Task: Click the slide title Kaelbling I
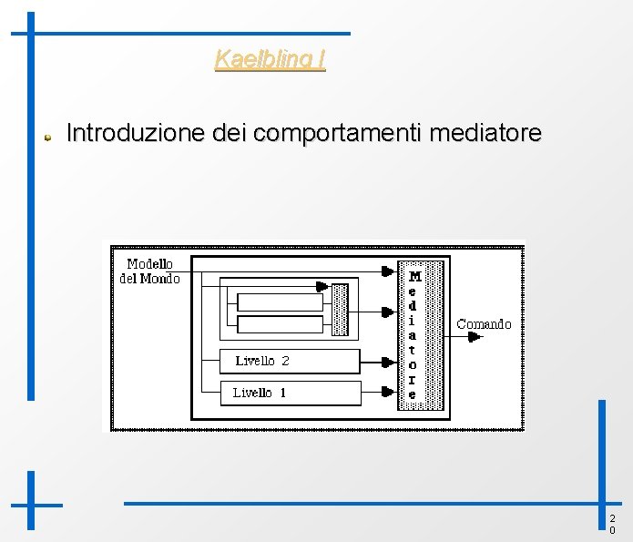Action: coord(270,60)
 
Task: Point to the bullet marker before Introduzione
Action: coord(51,137)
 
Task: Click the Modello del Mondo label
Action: coord(149,271)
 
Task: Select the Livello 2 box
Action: coord(290,362)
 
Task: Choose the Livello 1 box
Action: coord(290,394)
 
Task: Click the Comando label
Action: coord(484,323)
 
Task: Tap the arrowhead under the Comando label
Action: coord(474,337)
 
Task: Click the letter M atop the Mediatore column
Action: coord(414,275)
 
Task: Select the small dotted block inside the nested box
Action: coord(341,310)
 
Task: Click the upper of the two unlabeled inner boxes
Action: coord(280,302)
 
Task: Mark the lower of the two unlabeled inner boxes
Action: coord(280,324)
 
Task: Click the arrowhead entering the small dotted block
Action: coord(322,286)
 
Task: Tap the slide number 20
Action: coord(612,524)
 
